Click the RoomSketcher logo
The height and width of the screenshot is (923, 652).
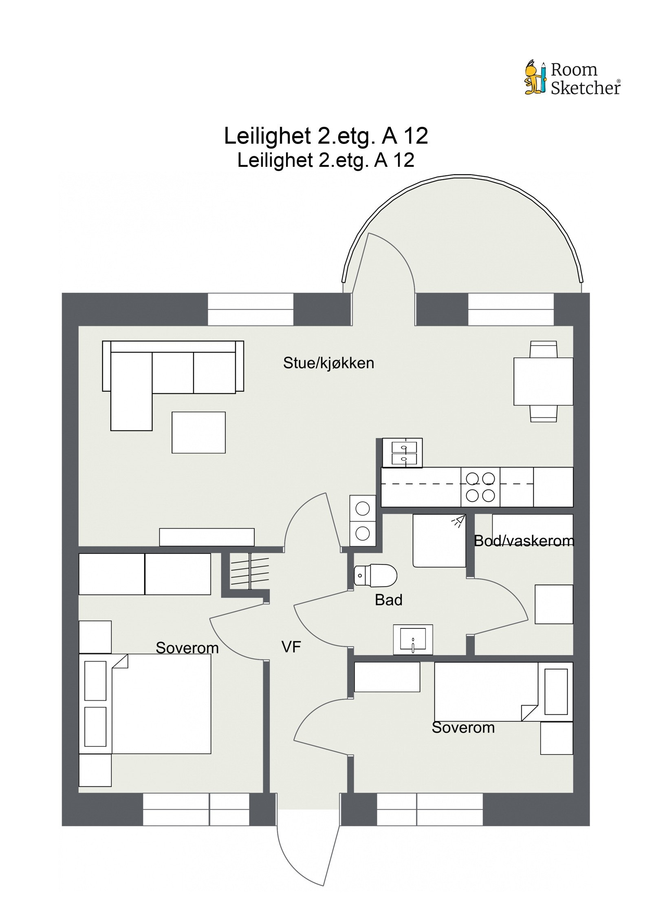tap(572, 79)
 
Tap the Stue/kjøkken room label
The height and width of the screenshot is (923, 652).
tap(328, 363)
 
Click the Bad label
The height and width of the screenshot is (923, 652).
tap(388, 600)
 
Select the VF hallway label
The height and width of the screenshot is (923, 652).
tap(291, 646)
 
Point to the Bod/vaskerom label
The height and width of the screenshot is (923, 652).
tap(524, 541)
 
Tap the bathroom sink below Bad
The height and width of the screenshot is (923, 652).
tap(413, 639)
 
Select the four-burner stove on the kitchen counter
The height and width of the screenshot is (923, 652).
tap(480, 487)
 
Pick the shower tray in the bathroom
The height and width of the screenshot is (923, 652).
tap(439, 541)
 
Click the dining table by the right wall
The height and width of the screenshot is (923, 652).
tap(543, 381)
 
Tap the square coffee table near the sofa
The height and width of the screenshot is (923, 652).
tap(198, 432)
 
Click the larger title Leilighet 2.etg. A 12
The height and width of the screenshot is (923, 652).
tap(326, 136)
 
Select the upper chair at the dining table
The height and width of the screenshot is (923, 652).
tap(543, 350)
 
